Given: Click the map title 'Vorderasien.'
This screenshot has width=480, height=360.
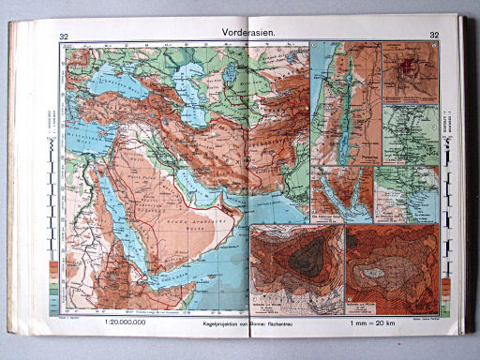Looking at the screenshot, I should coord(248,34).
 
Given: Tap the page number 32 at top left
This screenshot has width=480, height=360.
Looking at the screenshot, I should coord(64,37).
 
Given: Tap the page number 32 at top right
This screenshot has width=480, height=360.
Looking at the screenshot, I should coord(434,36).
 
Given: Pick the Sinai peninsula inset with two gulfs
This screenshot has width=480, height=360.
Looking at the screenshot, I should coord(343,192).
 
